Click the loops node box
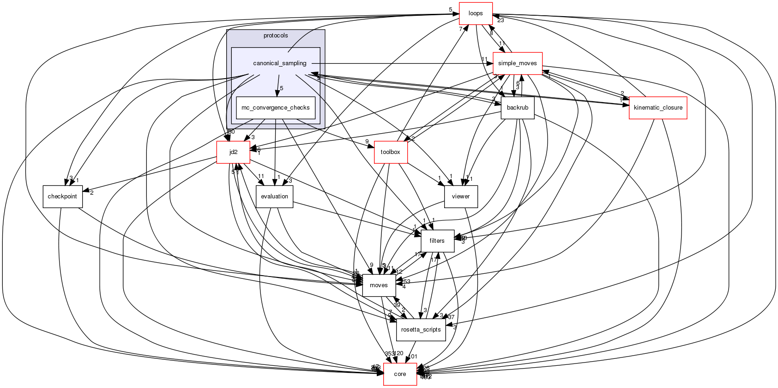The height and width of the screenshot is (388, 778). pos(476,13)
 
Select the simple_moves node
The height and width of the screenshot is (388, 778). pos(517,63)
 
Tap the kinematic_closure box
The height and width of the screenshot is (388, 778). pos(658,108)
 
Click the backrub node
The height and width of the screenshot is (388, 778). pos(517,108)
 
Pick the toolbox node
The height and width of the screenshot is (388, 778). pos(390,152)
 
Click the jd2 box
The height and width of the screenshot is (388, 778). pos(234,152)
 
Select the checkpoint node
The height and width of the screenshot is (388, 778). pos(62,197)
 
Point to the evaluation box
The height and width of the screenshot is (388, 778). pos(274,197)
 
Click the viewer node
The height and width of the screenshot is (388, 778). pos(460,197)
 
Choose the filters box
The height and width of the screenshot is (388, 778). pos(437,241)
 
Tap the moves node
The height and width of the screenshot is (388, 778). pos(379,285)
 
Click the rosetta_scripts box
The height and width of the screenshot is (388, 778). pos(421,330)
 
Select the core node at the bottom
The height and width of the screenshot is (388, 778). pos(400,374)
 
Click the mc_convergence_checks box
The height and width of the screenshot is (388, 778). pos(276,108)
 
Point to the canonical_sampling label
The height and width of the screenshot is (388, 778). pos(279,63)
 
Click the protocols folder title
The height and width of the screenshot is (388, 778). pos(275,36)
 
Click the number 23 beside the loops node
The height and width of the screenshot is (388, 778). pos(501,20)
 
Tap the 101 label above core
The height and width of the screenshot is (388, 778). pos(413,357)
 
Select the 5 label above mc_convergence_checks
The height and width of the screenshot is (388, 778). pos(281,88)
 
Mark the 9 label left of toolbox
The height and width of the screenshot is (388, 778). pos(367,142)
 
